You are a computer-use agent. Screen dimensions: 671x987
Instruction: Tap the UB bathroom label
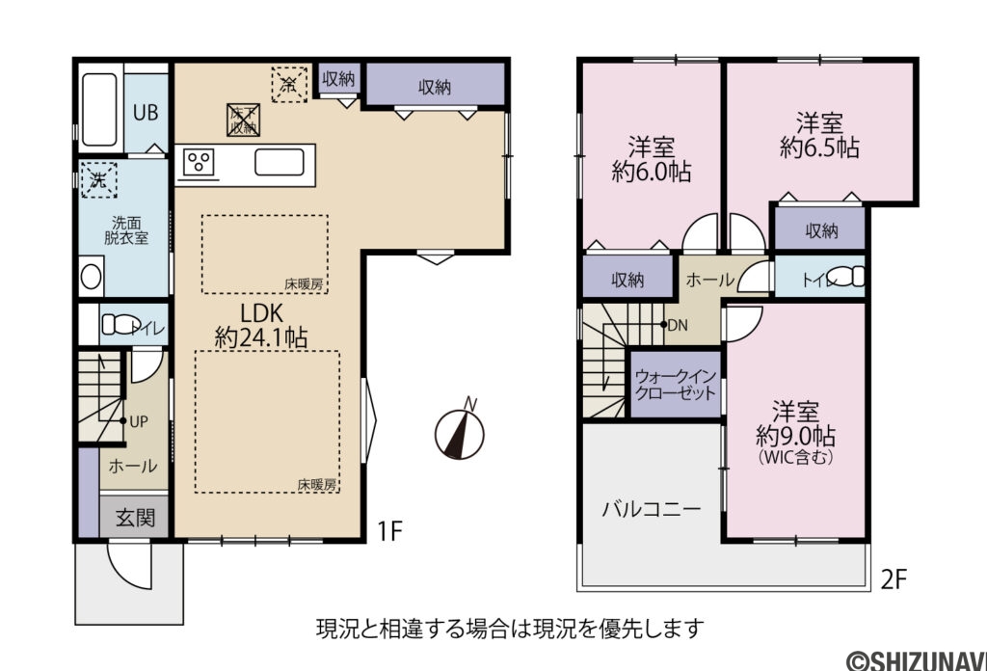click(x=146, y=111)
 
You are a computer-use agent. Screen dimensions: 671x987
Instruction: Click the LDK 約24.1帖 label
click(x=261, y=325)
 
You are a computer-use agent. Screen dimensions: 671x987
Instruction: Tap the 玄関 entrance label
click(x=135, y=517)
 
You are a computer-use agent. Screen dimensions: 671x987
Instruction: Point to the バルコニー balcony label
click(x=652, y=508)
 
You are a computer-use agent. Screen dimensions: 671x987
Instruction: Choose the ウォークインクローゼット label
click(x=675, y=385)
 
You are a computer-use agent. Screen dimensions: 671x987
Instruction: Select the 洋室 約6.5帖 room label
click(x=819, y=136)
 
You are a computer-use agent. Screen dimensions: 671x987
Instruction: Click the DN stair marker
click(x=676, y=325)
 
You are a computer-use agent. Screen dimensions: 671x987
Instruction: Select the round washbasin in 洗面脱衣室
click(x=91, y=277)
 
